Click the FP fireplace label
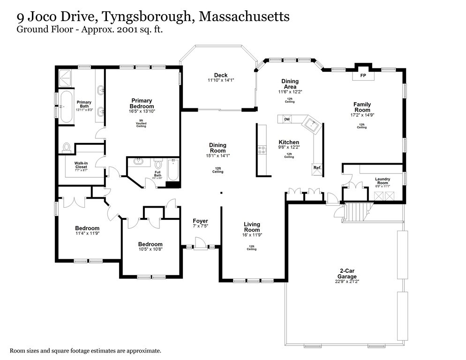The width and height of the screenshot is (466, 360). pos(363,75)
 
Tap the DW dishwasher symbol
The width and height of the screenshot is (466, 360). pos(287,120)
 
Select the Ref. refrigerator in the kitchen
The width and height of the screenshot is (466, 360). pos(317,168)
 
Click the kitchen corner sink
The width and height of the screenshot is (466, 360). pos(311,125)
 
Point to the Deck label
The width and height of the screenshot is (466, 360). pos(220,75)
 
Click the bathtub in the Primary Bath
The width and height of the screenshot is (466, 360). pos(66,106)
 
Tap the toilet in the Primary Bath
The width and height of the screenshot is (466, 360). pos(66,148)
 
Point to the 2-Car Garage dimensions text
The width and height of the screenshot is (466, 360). pos(347,282)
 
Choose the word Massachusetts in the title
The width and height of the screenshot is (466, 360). pos(244,17)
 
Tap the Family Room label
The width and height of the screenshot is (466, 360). pos(362,107)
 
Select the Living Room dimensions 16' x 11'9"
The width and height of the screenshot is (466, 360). pos(252,235)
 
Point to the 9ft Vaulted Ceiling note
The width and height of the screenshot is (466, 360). pos(142,123)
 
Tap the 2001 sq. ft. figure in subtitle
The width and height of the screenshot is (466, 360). pos(143,29)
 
